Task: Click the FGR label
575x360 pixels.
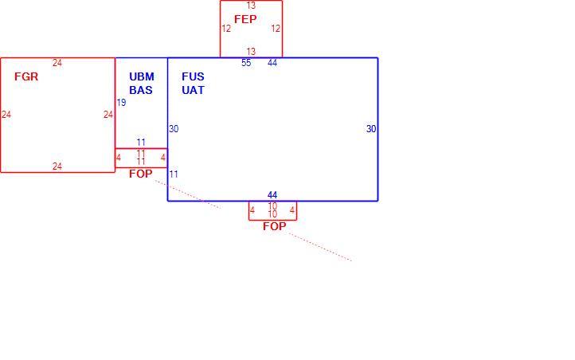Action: (x=26, y=76)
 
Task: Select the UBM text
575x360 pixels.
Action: (x=142, y=76)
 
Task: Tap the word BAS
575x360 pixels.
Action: (x=141, y=90)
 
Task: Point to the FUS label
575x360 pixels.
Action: (x=193, y=76)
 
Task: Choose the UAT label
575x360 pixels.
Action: (x=193, y=90)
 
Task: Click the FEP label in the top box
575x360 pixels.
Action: (x=245, y=19)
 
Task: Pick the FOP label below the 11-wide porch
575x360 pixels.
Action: (x=141, y=174)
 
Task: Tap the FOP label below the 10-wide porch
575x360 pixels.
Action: (x=274, y=226)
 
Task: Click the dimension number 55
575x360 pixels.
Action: (x=246, y=63)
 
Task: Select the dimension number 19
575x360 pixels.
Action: (x=121, y=103)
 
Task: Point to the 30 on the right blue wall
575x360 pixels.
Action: (x=371, y=129)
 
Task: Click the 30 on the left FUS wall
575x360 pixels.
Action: (x=174, y=129)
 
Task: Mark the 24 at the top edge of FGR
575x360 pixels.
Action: (x=57, y=63)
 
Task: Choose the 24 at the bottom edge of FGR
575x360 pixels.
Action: (x=57, y=166)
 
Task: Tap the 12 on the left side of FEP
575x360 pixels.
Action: (x=226, y=29)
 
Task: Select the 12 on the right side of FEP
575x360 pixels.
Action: (x=276, y=29)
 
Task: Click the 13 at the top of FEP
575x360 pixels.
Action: (x=251, y=6)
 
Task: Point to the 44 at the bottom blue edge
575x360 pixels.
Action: (x=272, y=195)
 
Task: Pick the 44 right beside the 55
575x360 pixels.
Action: (x=272, y=63)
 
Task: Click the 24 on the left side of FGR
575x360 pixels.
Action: (x=6, y=115)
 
